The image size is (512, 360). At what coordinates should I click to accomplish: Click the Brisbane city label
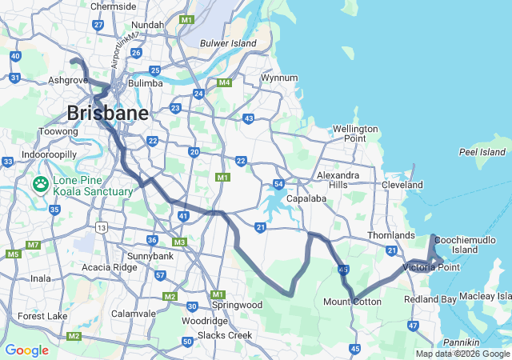(x=107, y=113)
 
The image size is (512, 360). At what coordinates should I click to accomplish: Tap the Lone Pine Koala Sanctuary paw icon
(x=41, y=185)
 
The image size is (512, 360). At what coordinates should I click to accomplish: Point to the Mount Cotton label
(x=352, y=302)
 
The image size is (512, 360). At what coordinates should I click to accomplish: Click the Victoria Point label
(x=432, y=266)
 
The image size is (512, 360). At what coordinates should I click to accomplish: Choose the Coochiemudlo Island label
(x=466, y=243)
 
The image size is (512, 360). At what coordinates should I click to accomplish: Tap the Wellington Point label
(x=355, y=134)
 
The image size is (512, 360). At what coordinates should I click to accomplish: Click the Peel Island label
(x=482, y=152)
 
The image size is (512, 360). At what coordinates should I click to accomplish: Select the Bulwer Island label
(x=228, y=43)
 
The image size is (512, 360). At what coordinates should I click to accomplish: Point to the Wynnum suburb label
(x=279, y=78)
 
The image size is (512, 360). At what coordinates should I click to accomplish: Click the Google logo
(x=26, y=350)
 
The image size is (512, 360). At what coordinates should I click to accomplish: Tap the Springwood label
(x=238, y=305)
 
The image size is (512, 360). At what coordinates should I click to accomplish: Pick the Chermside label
(x=114, y=6)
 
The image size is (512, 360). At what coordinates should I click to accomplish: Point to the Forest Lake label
(x=43, y=316)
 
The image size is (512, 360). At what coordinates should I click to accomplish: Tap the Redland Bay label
(x=430, y=298)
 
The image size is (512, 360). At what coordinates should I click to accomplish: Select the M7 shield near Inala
(x=33, y=245)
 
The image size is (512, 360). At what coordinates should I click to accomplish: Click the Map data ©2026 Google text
(x=462, y=354)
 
